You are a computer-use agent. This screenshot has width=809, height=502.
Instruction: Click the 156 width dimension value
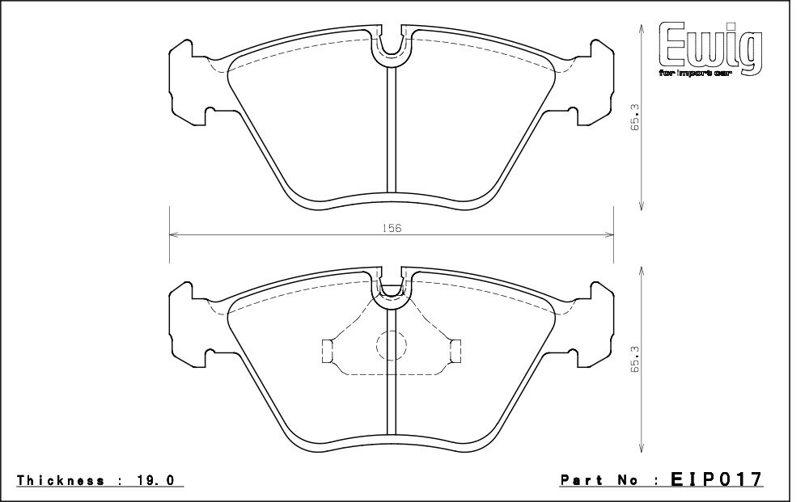(392, 229)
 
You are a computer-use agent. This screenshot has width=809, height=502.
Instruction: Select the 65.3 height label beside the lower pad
(636, 359)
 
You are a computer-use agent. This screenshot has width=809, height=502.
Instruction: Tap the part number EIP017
(717, 480)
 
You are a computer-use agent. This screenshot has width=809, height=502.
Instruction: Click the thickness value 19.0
(156, 480)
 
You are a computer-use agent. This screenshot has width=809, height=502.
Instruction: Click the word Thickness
(61, 480)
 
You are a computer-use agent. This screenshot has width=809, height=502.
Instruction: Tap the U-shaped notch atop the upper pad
(392, 44)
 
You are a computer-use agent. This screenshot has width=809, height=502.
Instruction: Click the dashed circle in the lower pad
(391, 346)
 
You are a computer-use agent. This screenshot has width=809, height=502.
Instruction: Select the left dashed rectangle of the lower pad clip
(327, 350)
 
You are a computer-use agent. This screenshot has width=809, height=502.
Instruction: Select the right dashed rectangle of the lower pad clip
(455, 350)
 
